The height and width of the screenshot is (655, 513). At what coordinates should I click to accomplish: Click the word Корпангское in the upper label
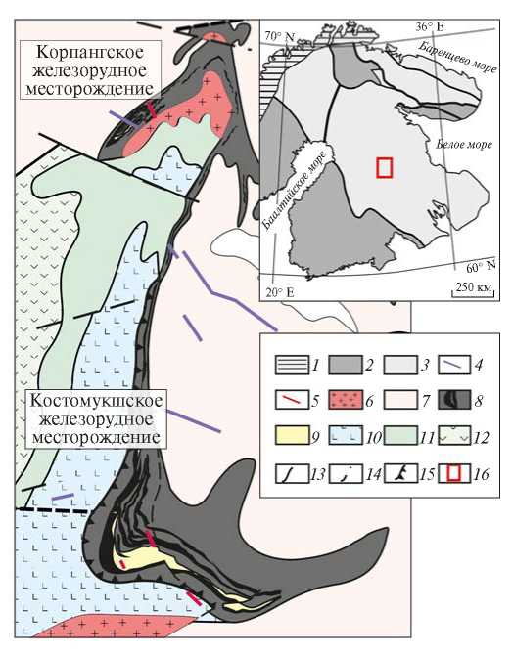coord(90,53)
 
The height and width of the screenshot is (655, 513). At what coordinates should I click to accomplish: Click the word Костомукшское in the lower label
coord(96,401)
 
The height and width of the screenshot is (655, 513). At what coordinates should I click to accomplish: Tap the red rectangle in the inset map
coord(385,167)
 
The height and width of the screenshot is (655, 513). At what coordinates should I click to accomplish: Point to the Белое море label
coord(464,145)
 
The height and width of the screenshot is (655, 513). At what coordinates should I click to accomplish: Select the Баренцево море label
coord(457,58)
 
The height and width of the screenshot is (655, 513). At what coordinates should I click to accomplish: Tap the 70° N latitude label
coord(280,36)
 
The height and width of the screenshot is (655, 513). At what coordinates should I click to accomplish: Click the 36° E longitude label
coord(430,26)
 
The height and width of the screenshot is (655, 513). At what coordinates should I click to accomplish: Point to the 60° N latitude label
coord(481,266)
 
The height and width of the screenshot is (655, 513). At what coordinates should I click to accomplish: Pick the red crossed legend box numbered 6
coord(346,400)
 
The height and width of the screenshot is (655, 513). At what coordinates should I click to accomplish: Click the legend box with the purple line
coord(454,365)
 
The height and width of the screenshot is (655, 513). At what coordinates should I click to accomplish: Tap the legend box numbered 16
coord(454,473)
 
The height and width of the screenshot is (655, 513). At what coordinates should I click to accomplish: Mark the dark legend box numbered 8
coord(454,400)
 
